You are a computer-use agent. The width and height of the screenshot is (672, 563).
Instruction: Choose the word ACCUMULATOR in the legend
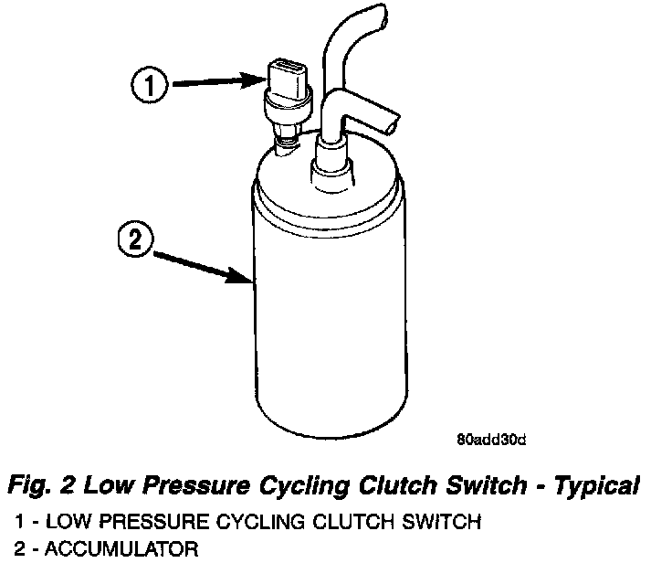119,549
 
